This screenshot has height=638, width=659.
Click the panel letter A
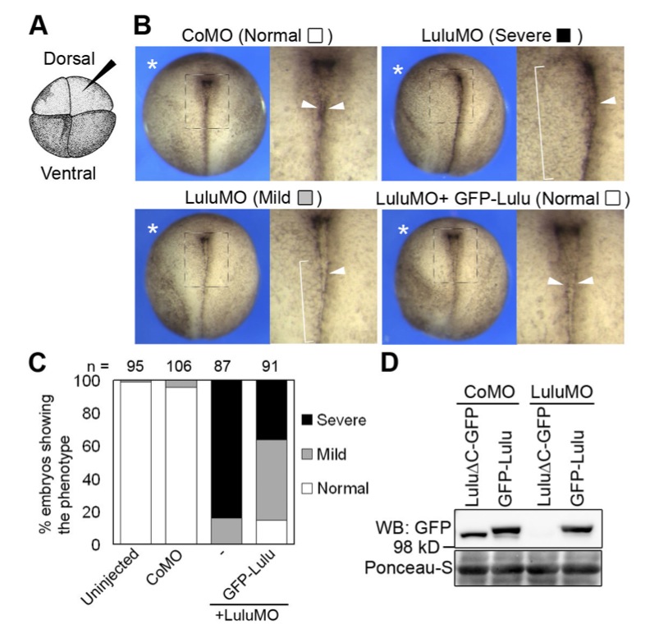pos(39,25)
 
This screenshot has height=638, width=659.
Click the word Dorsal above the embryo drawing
pos(69,58)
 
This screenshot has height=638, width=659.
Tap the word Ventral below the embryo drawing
pos(68,173)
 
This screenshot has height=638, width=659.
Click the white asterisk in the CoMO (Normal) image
pos(152,65)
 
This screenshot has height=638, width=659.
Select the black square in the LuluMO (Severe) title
pos(563,36)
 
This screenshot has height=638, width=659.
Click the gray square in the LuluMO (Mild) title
pos(305,198)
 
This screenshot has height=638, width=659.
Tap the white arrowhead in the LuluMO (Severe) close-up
pos(608,100)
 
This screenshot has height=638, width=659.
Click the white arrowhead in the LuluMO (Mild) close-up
pos(337,271)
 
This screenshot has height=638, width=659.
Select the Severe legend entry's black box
pos(307,420)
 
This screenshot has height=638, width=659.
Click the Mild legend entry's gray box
pos(307,454)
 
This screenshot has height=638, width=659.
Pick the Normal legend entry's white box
pos(307,489)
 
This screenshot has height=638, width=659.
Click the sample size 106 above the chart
pos(179,366)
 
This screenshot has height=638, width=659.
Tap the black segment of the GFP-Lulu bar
pos(272,410)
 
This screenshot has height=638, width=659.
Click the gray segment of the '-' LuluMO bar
pos(227,530)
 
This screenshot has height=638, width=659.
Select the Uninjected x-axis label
pos(110,576)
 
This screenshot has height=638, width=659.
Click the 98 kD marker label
pos(417,547)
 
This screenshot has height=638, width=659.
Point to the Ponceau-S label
pos(408,567)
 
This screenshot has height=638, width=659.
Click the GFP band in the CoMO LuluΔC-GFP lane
pos(473,535)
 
